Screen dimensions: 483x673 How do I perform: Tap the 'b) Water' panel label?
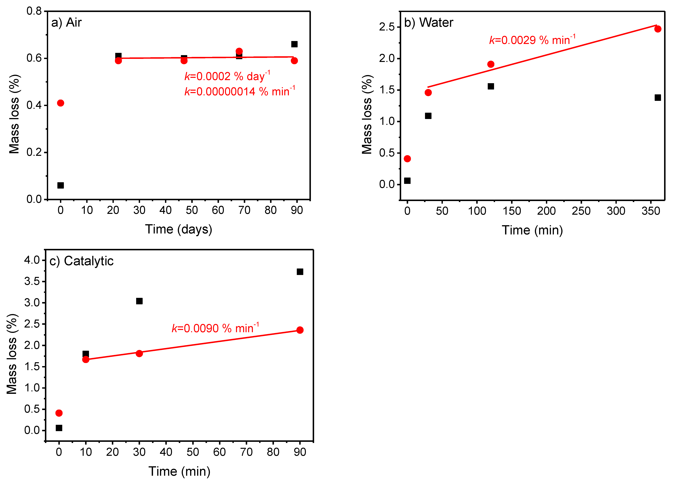(x=429, y=23)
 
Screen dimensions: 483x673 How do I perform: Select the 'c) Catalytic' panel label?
(x=81, y=261)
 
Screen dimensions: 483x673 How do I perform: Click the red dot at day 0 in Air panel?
(x=60, y=103)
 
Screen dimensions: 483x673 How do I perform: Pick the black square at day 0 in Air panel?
(x=60, y=185)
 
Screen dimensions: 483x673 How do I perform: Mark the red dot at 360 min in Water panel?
(x=658, y=29)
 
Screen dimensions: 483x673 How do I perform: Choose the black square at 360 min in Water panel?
(x=658, y=97)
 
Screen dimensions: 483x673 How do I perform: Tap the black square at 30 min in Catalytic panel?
(x=139, y=301)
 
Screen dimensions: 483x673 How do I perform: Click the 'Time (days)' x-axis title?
(x=179, y=229)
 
